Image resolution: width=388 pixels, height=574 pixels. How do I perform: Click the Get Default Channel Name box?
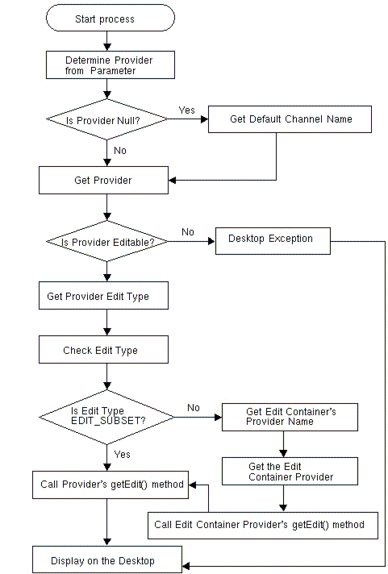pyautogui.click(x=290, y=119)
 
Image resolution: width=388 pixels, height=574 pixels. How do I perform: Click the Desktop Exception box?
pyautogui.click(x=269, y=239)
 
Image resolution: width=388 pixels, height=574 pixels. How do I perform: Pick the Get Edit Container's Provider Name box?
pyautogui.click(x=290, y=417)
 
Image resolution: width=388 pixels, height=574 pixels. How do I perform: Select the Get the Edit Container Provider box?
pyautogui.click(x=290, y=472)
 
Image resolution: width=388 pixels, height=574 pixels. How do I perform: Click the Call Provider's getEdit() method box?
pyautogui.click(x=111, y=485)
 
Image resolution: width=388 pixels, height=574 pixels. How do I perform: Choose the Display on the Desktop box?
pyautogui.click(x=107, y=560)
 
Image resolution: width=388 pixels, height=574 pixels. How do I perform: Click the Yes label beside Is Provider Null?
pyautogui.click(x=186, y=110)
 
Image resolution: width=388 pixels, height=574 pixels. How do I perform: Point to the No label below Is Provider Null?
pyautogui.click(x=119, y=150)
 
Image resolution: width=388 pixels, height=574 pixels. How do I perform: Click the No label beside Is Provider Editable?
pyautogui.click(x=188, y=232)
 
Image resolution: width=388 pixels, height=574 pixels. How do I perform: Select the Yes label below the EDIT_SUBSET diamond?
pyautogui.click(x=122, y=455)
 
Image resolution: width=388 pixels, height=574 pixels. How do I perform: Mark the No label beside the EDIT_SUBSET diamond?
pyautogui.click(x=194, y=408)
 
